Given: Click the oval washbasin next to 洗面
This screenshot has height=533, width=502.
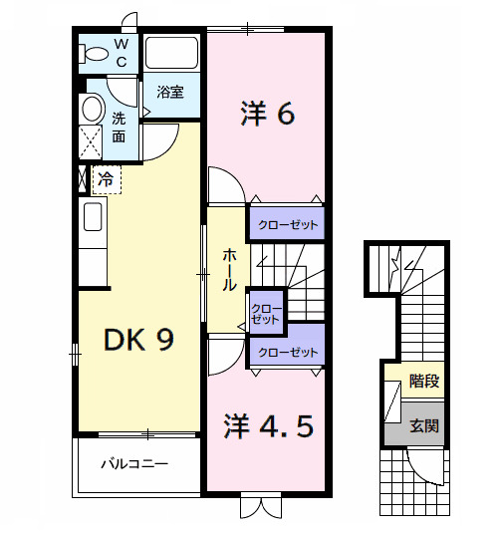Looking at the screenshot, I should (92, 108).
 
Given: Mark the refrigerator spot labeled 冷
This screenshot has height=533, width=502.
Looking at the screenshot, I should (106, 180).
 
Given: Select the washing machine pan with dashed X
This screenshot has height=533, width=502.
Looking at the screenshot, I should (91, 142).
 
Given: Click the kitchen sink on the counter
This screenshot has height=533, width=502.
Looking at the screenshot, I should (93, 216).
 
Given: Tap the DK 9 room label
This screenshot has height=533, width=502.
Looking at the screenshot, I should (140, 341).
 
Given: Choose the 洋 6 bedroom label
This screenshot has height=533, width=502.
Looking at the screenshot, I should (267, 116).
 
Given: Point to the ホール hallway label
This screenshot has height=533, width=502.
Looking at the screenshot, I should (228, 269).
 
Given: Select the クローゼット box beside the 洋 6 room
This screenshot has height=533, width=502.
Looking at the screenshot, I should (288, 225).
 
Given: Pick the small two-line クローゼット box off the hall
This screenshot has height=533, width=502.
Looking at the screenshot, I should (266, 313).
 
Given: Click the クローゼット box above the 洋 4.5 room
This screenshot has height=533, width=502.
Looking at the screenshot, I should (288, 353).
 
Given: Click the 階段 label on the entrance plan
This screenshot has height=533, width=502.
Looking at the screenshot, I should (424, 381).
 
